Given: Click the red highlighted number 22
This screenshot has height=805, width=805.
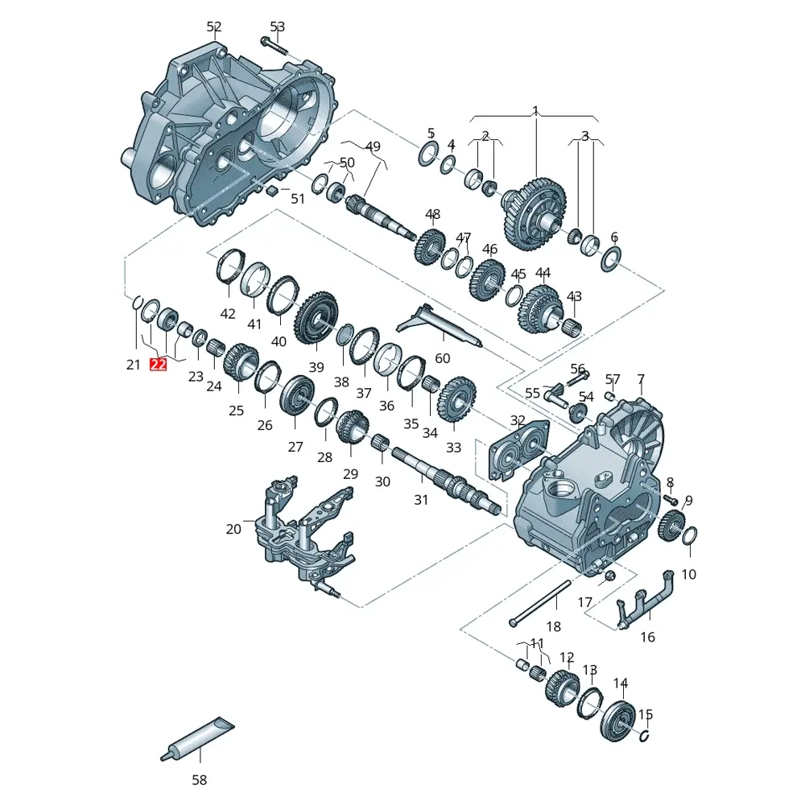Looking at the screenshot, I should [158, 365].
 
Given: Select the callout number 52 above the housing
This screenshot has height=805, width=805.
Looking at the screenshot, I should [213, 27].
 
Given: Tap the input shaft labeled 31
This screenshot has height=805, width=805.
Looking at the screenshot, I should [447, 480].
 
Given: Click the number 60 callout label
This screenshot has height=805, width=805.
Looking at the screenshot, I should [443, 358].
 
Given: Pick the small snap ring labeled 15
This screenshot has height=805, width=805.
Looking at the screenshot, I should [646, 735].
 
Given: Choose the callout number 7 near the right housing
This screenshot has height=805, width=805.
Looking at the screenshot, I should [641, 378].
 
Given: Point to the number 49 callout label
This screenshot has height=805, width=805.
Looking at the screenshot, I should [373, 147].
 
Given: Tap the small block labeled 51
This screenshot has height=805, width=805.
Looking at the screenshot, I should [271, 190].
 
